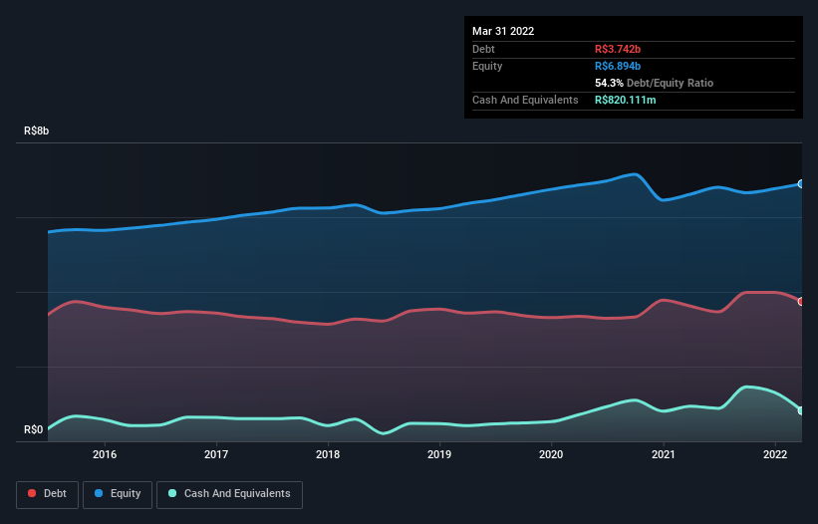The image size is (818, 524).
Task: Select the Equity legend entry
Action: pos(118,493)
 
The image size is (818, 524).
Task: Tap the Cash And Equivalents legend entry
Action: pos(229,493)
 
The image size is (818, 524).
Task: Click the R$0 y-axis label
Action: pos(33,429)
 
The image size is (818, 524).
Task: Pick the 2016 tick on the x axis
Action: pos(105,455)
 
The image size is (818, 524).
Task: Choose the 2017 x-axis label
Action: pos(216,455)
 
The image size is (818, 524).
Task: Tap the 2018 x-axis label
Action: pos(328,455)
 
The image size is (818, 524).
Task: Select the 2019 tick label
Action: pos(439,455)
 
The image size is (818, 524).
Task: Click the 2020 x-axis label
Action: pos(551,455)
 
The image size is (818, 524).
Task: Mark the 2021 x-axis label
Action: pos(663,455)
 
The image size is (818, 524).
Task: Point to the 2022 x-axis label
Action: pos(774,455)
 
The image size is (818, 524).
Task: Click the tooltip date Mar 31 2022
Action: pos(503,31)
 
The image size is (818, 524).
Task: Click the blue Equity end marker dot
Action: pos(801,184)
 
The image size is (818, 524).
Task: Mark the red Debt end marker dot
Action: pos(801,301)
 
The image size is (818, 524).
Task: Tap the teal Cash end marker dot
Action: pos(801,410)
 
